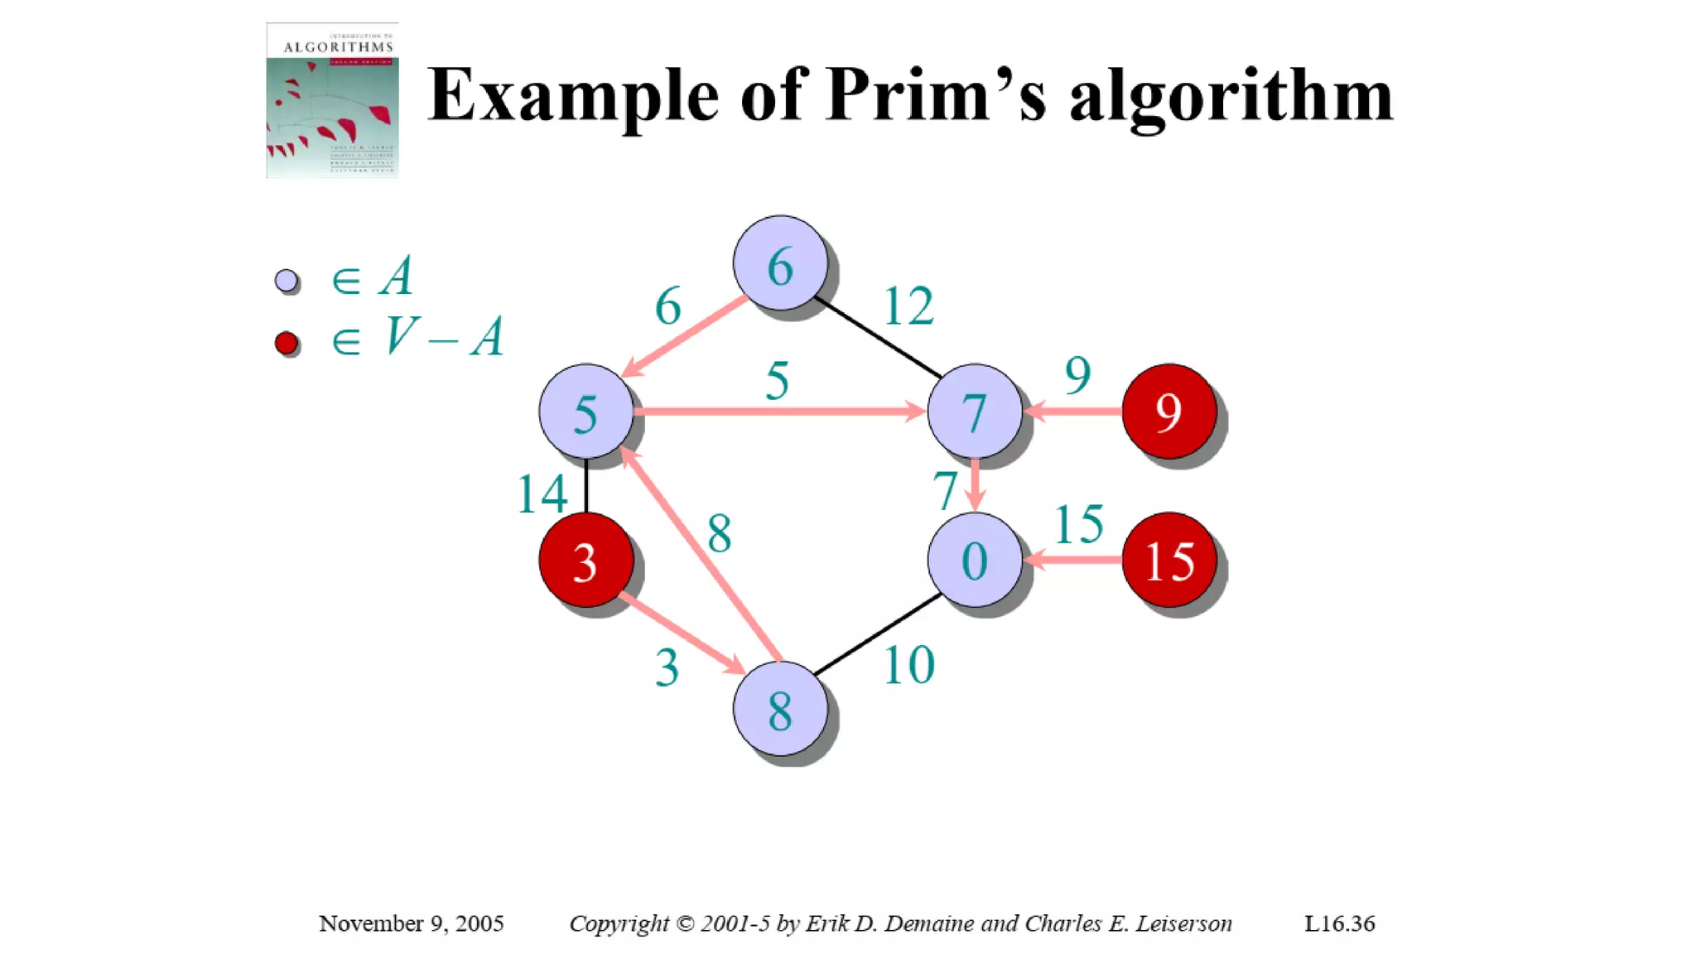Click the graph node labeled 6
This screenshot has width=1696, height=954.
[x=780, y=263]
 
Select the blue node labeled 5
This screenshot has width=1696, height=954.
[x=585, y=411]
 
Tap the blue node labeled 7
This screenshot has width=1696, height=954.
[x=975, y=411]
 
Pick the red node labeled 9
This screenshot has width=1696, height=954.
[x=1168, y=411]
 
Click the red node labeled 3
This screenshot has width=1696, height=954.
[x=585, y=560]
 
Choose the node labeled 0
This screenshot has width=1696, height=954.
[x=975, y=560]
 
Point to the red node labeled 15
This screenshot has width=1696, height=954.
[x=1168, y=560]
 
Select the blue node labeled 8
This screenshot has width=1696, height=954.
[x=780, y=709]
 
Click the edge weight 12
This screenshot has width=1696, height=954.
[x=908, y=306]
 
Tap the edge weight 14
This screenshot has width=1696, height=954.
[x=542, y=494]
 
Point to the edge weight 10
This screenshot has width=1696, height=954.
[x=908, y=665]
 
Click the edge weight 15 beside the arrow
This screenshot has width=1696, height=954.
[x=1078, y=524]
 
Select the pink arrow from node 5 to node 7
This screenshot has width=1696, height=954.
[x=778, y=411]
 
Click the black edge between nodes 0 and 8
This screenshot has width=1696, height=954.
[x=878, y=634]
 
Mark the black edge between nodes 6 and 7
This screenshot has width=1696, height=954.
[x=878, y=336]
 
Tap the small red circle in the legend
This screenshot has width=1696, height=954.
[x=287, y=343]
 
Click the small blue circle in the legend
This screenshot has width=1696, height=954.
[x=287, y=282]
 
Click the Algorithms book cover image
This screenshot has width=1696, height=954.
[x=332, y=100]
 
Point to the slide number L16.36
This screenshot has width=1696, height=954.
[x=1339, y=923]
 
